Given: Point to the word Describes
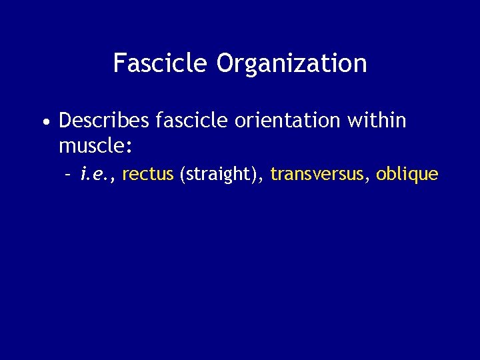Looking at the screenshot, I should pos(103,121).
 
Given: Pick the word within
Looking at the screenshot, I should pos(377,121).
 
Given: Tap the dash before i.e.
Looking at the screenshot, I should pos(67,175).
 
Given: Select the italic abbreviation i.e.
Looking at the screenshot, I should pos(95,175).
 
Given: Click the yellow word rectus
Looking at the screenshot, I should pos(148,175).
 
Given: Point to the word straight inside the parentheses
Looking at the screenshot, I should pos(224,175).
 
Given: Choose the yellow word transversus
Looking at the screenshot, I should pos(318,175).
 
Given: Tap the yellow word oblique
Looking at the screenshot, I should pos(407,175).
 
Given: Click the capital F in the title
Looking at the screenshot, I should pos(119,63).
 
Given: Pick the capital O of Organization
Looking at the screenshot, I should pos(225,63).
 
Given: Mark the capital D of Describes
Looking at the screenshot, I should pos(65,121).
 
